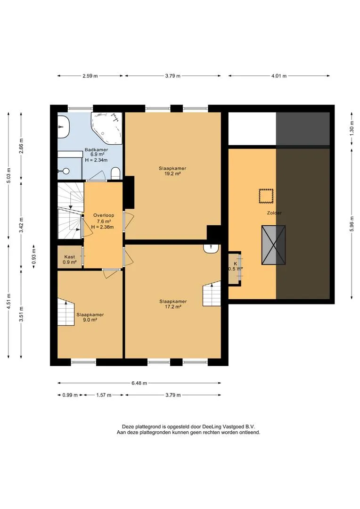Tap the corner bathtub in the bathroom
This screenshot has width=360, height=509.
click(x=107, y=129)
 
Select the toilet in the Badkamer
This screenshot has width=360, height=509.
click(x=115, y=173)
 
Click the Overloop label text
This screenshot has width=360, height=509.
click(x=104, y=215)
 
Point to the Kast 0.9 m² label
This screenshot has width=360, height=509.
click(x=69, y=259)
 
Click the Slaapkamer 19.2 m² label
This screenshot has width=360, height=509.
click(x=172, y=171)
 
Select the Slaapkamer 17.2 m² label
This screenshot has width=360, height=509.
click(x=173, y=304)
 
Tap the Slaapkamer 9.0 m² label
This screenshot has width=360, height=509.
click(x=90, y=317)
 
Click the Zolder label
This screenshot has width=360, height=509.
click(x=274, y=213)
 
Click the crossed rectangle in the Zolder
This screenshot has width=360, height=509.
click(x=274, y=246)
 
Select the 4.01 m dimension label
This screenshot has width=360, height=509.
click(x=279, y=76)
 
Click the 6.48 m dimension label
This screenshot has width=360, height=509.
click(x=139, y=383)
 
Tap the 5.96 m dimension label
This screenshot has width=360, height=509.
click(x=352, y=224)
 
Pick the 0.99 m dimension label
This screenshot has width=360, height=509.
click(x=70, y=395)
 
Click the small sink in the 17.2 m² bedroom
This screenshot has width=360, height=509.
click(x=211, y=248)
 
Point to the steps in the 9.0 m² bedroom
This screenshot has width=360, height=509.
click(x=66, y=312)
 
